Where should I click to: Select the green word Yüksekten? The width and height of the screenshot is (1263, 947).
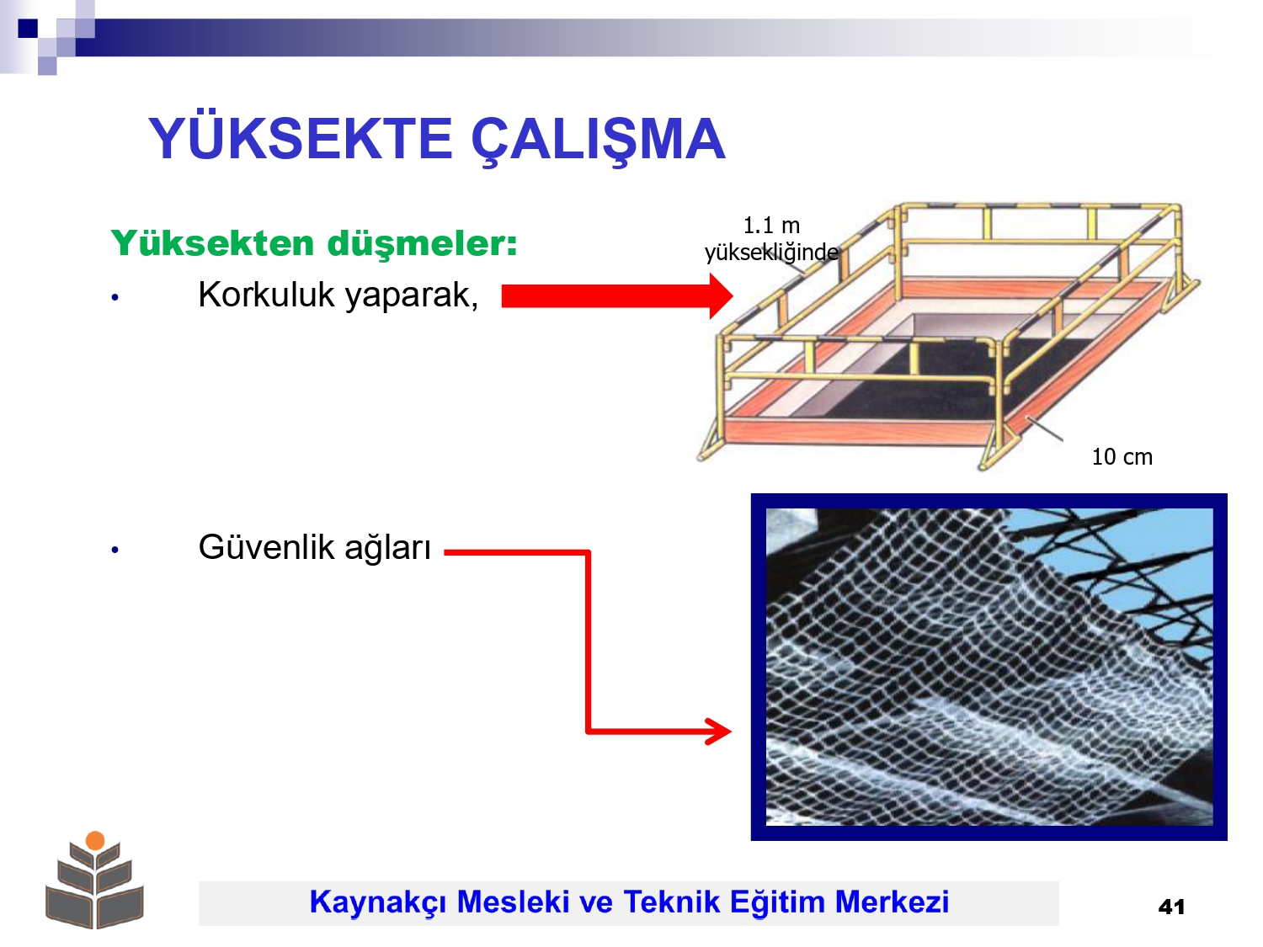(x=212, y=242)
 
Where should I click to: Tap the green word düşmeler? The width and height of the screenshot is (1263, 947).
(x=423, y=244)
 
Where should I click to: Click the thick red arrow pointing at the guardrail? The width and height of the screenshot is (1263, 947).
(x=617, y=296)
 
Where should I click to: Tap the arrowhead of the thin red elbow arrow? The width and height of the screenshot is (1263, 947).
(x=719, y=732)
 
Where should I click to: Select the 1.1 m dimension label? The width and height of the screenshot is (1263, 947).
(x=771, y=226)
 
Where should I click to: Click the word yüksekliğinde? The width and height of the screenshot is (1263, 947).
(x=771, y=253)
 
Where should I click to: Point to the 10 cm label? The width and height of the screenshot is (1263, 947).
(x=1122, y=457)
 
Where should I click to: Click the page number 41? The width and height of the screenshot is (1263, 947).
(x=1171, y=907)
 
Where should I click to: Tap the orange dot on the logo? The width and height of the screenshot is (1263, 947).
(x=95, y=840)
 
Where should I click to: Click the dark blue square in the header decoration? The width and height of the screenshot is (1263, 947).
(x=28, y=28)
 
